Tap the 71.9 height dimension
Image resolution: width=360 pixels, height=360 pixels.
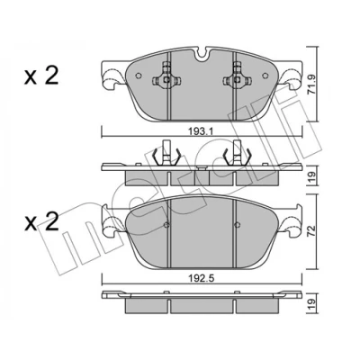pyautogui.click(x=312, y=85)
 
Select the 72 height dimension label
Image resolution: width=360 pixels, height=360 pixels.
pyautogui.click(x=312, y=231)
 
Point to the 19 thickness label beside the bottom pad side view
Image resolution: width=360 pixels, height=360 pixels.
pyautogui.click(x=312, y=303)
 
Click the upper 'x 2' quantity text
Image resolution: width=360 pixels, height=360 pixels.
pyautogui.click(x=41, y=76)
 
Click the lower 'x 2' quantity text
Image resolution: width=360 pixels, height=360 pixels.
pyautogui.click(x=41, y=222)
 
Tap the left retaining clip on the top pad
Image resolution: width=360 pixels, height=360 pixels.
pyautogui.click(x=166, y=76)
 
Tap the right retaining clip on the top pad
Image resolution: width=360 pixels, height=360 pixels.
pyautogui.click(x=237, y=76)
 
